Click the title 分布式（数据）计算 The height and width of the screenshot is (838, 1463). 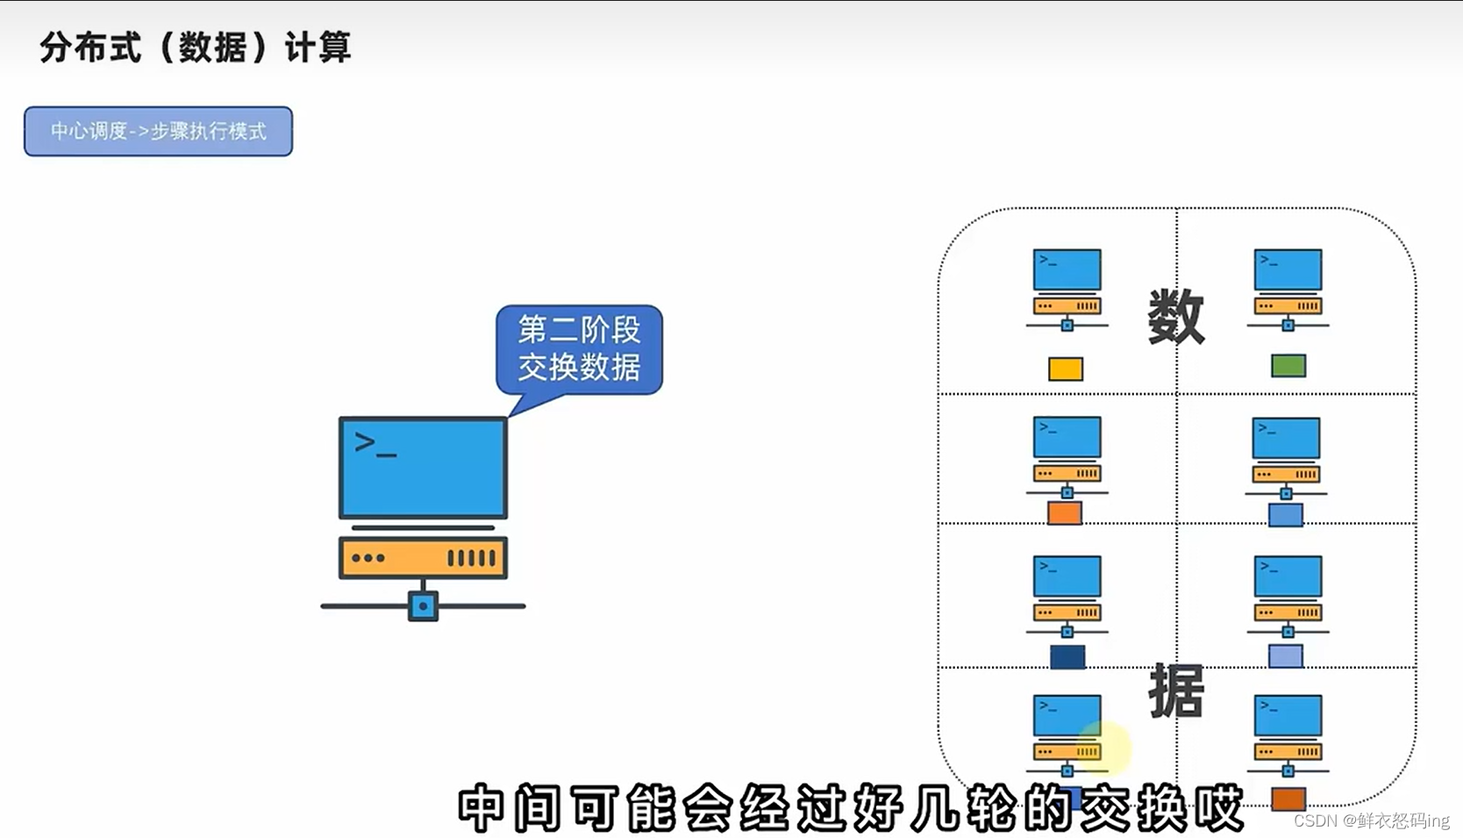point(195,47)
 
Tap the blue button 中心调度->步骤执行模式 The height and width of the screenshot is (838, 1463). point(158,132)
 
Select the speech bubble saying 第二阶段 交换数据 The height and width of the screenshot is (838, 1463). point(579,348)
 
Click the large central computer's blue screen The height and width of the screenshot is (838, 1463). point(423,468)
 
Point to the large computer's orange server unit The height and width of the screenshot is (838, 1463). point(423,557)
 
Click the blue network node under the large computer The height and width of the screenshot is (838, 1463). point(423,605)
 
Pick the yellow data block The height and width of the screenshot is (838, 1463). point(1066,369)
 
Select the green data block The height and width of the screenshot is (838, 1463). point(1288,365)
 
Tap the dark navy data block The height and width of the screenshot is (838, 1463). point(1067,656)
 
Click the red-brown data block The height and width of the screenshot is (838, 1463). point(1288,799)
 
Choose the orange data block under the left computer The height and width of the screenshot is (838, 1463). point(1065,512)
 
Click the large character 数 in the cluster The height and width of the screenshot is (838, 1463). point(1176,317)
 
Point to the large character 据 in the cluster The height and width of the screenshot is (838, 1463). point(1176,691)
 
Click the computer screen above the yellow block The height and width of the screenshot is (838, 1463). point(1067,269)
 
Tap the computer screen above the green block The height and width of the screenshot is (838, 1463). point(1288,269)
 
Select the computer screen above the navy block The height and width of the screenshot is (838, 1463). point(1067,576)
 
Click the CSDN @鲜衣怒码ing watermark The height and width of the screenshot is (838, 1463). point(1371,820)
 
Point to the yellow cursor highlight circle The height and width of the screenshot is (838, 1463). point(1104,748)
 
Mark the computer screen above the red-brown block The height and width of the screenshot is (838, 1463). point(1288,715)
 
